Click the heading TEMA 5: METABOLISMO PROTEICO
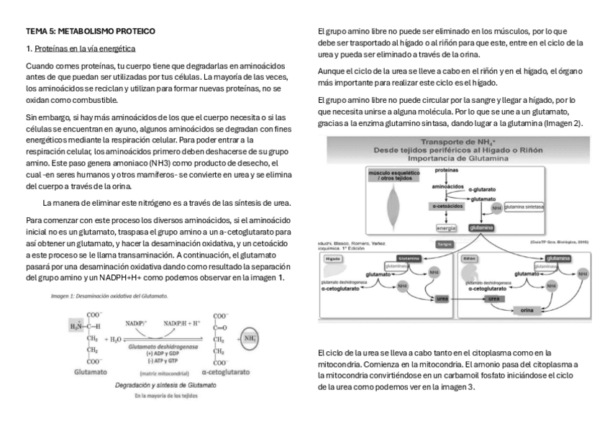[x=90, y=32]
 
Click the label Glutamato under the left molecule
[x=91, y=373]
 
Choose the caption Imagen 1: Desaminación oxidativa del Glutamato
[x=109, y=296]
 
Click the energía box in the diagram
[x=445, y=228]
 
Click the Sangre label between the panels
[x=444, y=245]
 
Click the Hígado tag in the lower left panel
[x=333, y=258]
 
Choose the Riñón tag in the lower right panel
[x=470, y=258]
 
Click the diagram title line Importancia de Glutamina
[x=458, y=158]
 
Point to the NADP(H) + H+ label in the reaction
[x=181, y=324]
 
